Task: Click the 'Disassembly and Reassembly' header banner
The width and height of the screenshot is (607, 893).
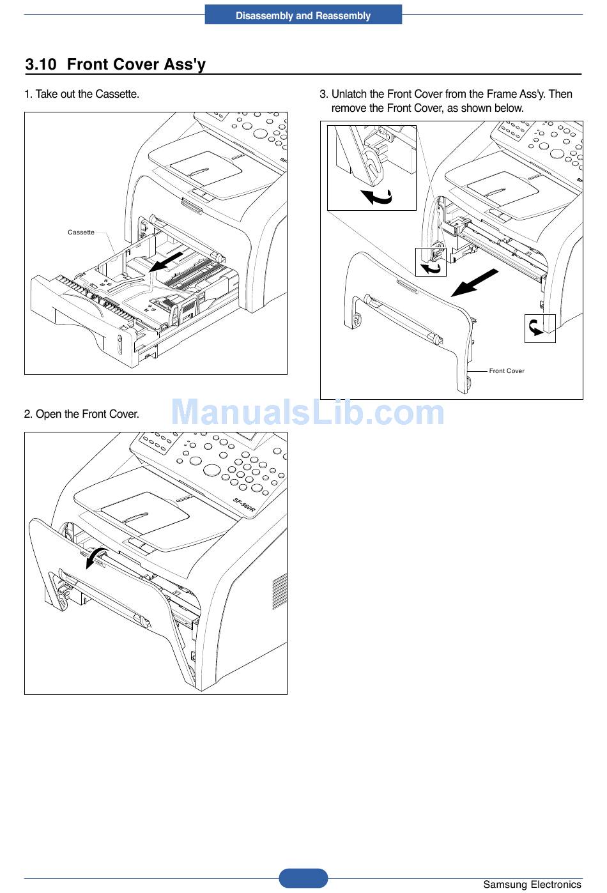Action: pyautogui.click(x=303, y=15)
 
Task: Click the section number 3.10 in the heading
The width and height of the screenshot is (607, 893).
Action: pyautogui.click(x=41, y=65)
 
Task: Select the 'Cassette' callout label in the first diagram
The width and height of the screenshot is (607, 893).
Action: pyautogui.click(x=81, y=233)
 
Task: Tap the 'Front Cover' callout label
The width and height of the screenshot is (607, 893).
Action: pyautogui.click(x=507, y=371)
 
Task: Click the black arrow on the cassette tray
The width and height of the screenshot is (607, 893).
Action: pyautogui.click(x=169, y=261)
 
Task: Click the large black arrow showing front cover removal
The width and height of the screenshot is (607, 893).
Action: pyautogui.click(x=474, y=282)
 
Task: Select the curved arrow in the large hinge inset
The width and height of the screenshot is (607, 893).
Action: pyautogui.click(x=376, y=197)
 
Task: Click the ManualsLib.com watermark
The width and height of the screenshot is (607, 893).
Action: pyautogui.click(x=307, y=412)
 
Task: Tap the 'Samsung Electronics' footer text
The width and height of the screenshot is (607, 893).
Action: pyautogui.click(x=532, y=885)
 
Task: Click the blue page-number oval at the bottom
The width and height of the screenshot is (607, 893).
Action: pyautogui.click(x=303, y=878)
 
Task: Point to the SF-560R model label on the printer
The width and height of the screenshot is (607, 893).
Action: pyautogui.click(x=244, y=505)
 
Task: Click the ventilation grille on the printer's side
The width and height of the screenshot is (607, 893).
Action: pyautogui.click(x=279, y=591)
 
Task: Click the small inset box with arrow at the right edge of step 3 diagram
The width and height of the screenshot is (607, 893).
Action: pyautogui.click(x=540, y=328)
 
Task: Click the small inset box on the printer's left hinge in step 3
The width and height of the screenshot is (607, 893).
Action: pyautogui.click(x=431, y=262)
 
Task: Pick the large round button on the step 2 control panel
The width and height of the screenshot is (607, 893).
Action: pyautogui.click(x=211, y=470)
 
